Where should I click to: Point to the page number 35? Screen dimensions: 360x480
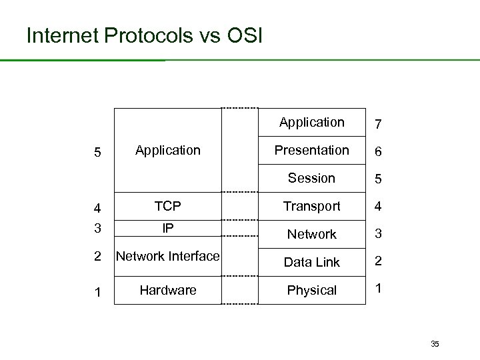pyautogui.click(x=435, y=344)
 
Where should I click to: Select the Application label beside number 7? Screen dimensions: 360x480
pyautogui.click(x=311, y=122)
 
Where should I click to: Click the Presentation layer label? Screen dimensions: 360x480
pyautogui.click(x=311, y=150)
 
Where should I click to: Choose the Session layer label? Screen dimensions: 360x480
pyautogui.click(x=311, y=178)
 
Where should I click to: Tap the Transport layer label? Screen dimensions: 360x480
pyautogui.click(x=311, y=206)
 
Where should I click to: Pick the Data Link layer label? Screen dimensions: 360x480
pyautogui.click(x=311, y=262)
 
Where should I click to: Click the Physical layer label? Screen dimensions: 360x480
pyautogui.click(x=311, y=290)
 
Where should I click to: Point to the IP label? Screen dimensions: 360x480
pyautogui.click(x=168, y=228)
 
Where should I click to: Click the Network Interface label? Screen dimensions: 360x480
pyautogui.click(x=167, y=256)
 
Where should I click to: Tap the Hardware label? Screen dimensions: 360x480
pyautogui.click(x=167, y=290)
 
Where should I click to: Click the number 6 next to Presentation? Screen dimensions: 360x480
pyautogui.click(x=378, y=152)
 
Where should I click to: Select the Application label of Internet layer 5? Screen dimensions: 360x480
pyautogui.click(x=167, y=150)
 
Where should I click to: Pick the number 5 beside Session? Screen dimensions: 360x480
pyautogui.click(x=378, y=180)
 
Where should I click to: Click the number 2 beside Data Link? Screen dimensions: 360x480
pyautogui.click(x=378, y=260)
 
